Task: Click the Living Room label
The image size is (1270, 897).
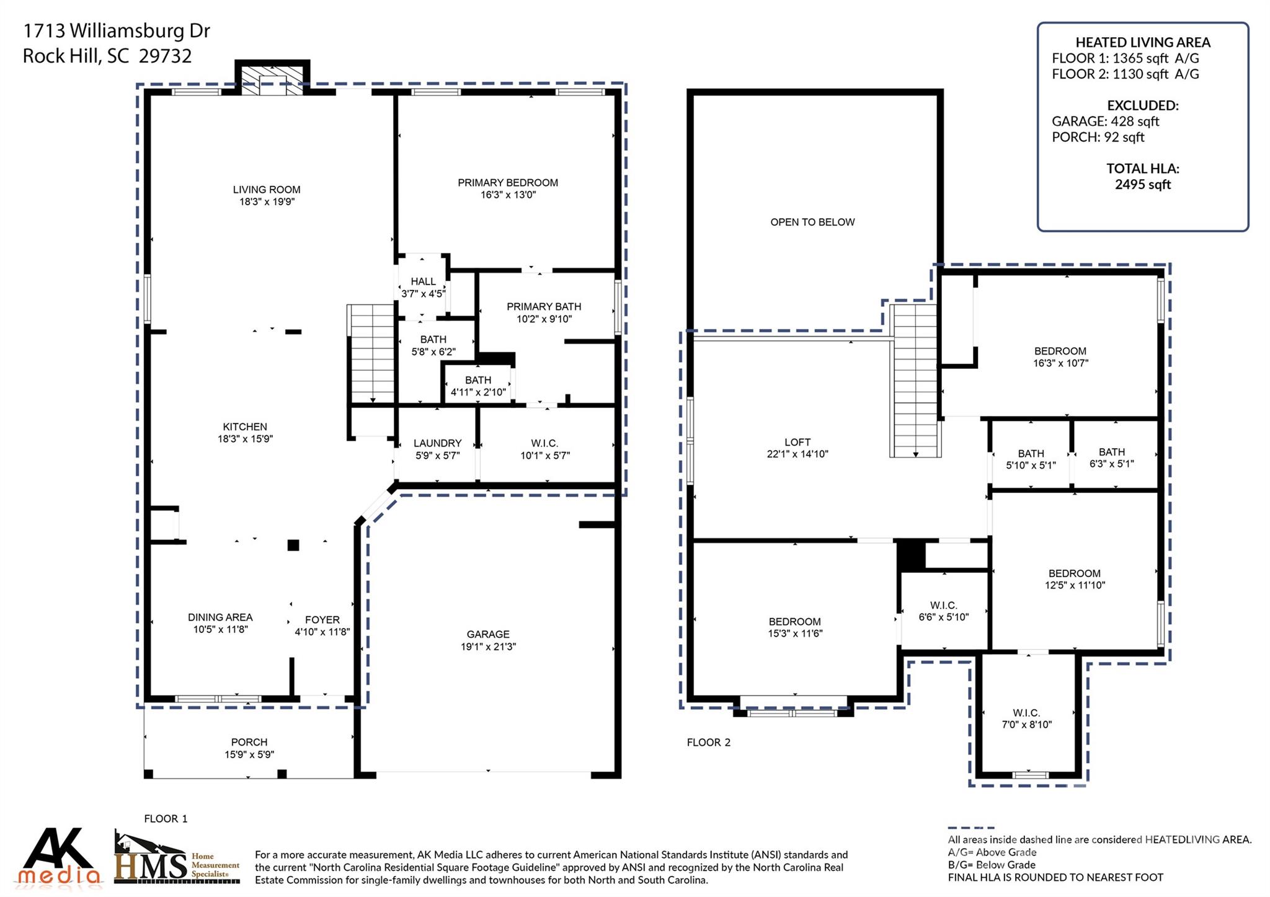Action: pos(267,190)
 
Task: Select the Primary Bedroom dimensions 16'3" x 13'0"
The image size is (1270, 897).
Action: pos(508,195)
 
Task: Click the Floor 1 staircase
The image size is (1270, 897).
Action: pos(371,354)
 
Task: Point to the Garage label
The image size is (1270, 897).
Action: pos(488,634)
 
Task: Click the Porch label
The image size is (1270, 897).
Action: pos(249,742)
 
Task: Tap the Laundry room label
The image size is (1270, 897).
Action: pos(437,443)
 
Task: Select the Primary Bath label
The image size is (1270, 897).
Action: pos(544,307)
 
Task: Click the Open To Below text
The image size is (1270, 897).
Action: pos(812,222)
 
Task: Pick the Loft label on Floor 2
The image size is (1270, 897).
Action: pos(797,442)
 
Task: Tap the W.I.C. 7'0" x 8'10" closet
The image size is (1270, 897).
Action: pos(1027,719)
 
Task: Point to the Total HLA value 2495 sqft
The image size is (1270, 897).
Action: pos(1142,185)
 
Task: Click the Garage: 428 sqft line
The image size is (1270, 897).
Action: pos(1105,122)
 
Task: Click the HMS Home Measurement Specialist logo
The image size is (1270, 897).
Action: pos(177,859)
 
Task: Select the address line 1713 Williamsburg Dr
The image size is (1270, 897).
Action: pos(117,30)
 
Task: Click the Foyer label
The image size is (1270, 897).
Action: pos(322,620)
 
